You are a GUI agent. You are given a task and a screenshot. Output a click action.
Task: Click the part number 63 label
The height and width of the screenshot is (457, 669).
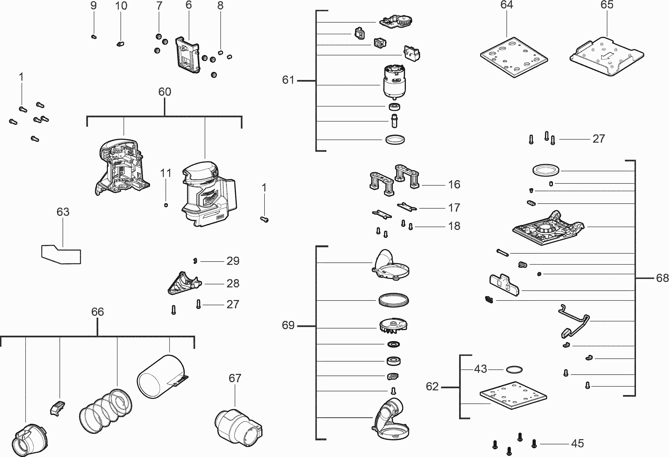click(63, 212)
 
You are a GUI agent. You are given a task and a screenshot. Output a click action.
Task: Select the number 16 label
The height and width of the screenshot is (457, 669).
click(454, 185)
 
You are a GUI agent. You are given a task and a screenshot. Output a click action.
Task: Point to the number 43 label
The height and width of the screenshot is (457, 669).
click(480, 369)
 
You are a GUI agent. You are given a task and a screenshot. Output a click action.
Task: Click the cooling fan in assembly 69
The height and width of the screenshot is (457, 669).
click(393, 327)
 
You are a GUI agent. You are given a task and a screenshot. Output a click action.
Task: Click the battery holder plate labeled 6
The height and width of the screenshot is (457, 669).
click(187, 54)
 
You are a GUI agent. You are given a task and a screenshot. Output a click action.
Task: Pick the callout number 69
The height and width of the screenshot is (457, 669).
click(288, 325)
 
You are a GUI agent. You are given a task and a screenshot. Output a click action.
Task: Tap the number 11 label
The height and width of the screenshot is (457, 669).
click(166, 173)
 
